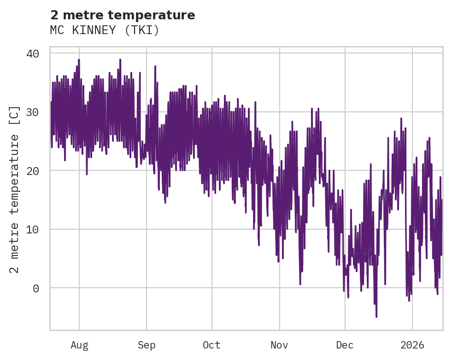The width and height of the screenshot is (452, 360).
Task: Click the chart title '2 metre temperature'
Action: click(123, 15)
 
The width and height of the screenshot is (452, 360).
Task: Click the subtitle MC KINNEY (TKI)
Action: click(104, 30)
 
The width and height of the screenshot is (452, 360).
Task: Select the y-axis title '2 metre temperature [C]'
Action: click(15, 189)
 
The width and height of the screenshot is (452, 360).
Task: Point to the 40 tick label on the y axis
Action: click(33, 53)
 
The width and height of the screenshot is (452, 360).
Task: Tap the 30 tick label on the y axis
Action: click(33, 112)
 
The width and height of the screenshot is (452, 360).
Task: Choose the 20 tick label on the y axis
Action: click(33, 171)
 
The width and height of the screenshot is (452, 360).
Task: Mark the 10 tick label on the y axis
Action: click(33, 229)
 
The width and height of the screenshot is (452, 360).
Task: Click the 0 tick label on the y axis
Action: click(36, 288)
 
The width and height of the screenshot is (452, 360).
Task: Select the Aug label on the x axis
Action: click(79, 345)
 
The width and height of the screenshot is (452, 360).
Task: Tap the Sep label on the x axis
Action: click(147, 345)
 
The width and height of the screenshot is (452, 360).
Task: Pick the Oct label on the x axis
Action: click(212, 345)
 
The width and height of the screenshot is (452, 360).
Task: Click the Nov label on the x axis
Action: click(279, 345)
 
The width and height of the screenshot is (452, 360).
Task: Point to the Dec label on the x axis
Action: click(345, 345)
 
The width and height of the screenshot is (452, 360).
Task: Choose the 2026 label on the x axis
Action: click(412, 345)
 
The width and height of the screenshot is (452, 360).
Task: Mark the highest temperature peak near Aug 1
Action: click(79, 59)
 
